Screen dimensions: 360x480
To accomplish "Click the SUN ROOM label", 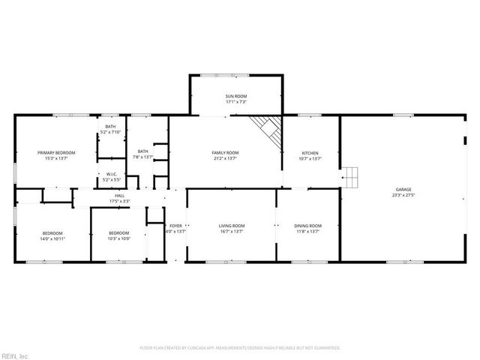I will (236, 97).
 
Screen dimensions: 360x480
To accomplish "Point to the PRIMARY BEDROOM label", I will (56, 152).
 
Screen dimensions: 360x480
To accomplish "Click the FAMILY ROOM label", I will (225, 152).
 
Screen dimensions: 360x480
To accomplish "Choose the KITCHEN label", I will (310, 152).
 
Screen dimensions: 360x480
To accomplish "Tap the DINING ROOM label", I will (308, 226).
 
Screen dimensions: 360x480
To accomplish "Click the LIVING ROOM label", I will (232, 226).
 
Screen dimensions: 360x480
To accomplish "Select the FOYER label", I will (175, 226).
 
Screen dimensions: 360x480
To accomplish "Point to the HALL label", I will (120, 196).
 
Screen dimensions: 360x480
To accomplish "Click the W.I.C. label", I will (110, 174).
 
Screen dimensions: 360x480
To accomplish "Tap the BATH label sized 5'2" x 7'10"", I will (110, 127).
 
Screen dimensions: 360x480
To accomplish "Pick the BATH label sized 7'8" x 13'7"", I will (142, 151).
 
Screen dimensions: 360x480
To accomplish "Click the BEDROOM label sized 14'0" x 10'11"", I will (52, 232).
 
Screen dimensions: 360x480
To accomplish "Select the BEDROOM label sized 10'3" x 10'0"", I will (119, 232).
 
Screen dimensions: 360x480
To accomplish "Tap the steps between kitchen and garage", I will (351, 177).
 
